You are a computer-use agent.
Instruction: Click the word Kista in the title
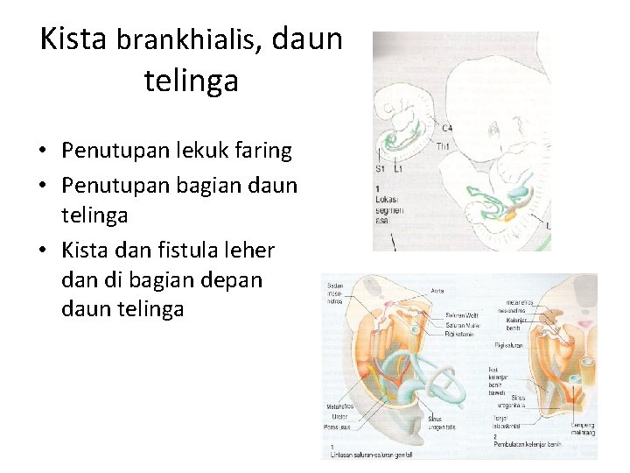pyautogui.click(x=73, y=39)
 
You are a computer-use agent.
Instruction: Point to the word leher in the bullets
pyautogui.click(x=253, y=251)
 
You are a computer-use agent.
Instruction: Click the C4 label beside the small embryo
pyautogui.click(x=447, y=129)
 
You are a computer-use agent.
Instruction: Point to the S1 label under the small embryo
pyautogui.click(x=380, y=168)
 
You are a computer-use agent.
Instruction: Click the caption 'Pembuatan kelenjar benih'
pyautogui.click(x=528, y=444)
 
